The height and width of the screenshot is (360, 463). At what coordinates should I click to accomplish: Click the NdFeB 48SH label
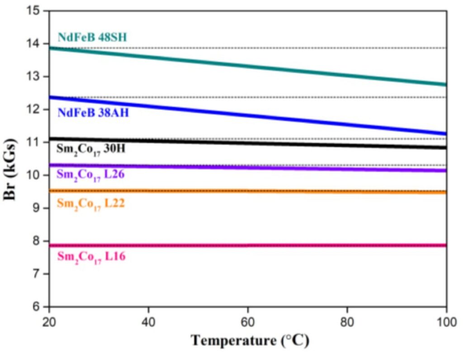pos(92,37)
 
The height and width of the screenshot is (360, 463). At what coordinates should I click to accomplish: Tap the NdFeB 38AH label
pos(93,113)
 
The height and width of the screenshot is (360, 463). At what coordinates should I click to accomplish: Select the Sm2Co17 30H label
pos(93,149)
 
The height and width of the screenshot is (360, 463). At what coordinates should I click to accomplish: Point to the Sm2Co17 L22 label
pos(90,204)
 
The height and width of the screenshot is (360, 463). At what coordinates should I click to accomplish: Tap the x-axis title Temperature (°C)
pos(250,340)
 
